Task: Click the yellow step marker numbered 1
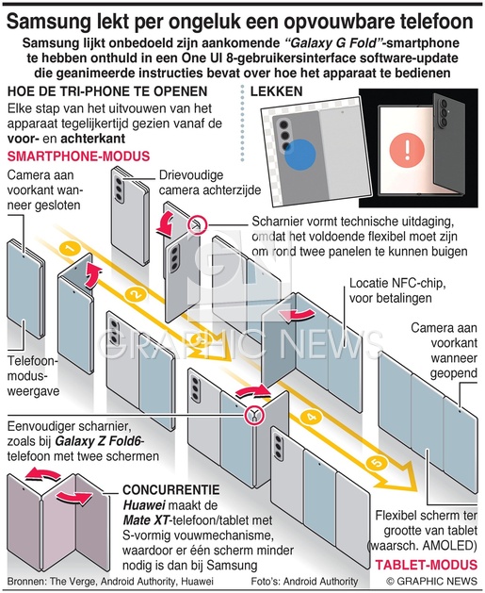(69, 249)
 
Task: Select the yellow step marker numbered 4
(311, 418)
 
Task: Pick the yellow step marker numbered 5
(376, 463)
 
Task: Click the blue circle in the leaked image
(299, 155)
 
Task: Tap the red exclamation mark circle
(407, 150)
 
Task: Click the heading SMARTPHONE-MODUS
(78, 156)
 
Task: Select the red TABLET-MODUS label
(427, 565)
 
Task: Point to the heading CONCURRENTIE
(171, 489)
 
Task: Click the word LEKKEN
(277, 91)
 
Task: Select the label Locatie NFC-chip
(397, 283)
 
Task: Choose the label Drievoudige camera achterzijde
(210, 182)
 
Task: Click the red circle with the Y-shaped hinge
(254, 415)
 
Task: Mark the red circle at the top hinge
(197, 224)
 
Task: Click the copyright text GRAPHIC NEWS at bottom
(431, 581)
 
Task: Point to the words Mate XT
(145, 520)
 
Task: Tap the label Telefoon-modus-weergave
(33, 376)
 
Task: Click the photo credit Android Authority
(320, 581)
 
